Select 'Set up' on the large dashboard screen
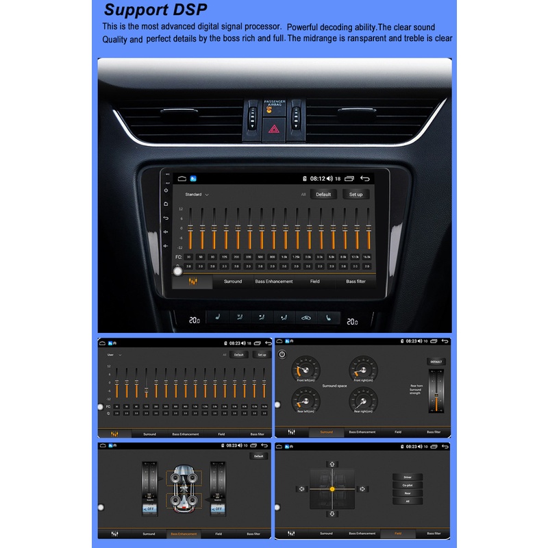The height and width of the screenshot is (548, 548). [356, 194]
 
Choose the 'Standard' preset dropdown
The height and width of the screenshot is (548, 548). [197, 195]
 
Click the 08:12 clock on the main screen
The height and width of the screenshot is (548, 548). [317, 178]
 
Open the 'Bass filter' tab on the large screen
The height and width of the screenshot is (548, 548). [356, 282]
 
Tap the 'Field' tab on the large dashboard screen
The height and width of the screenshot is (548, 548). [314, 282]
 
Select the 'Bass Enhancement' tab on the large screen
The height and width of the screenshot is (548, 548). [273, 282]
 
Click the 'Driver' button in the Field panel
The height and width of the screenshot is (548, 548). [408, 477]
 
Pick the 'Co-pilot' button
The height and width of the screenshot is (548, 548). [408, 485]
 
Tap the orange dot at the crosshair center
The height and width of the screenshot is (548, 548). [332, 489]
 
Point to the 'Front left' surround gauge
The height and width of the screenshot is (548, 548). [306, 370]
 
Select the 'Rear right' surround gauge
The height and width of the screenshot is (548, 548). [364, 400]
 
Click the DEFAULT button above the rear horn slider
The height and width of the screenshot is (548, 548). [436, 361]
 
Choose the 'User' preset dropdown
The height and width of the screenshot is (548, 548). [114, 355]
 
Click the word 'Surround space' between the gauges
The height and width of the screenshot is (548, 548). [334, 386]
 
